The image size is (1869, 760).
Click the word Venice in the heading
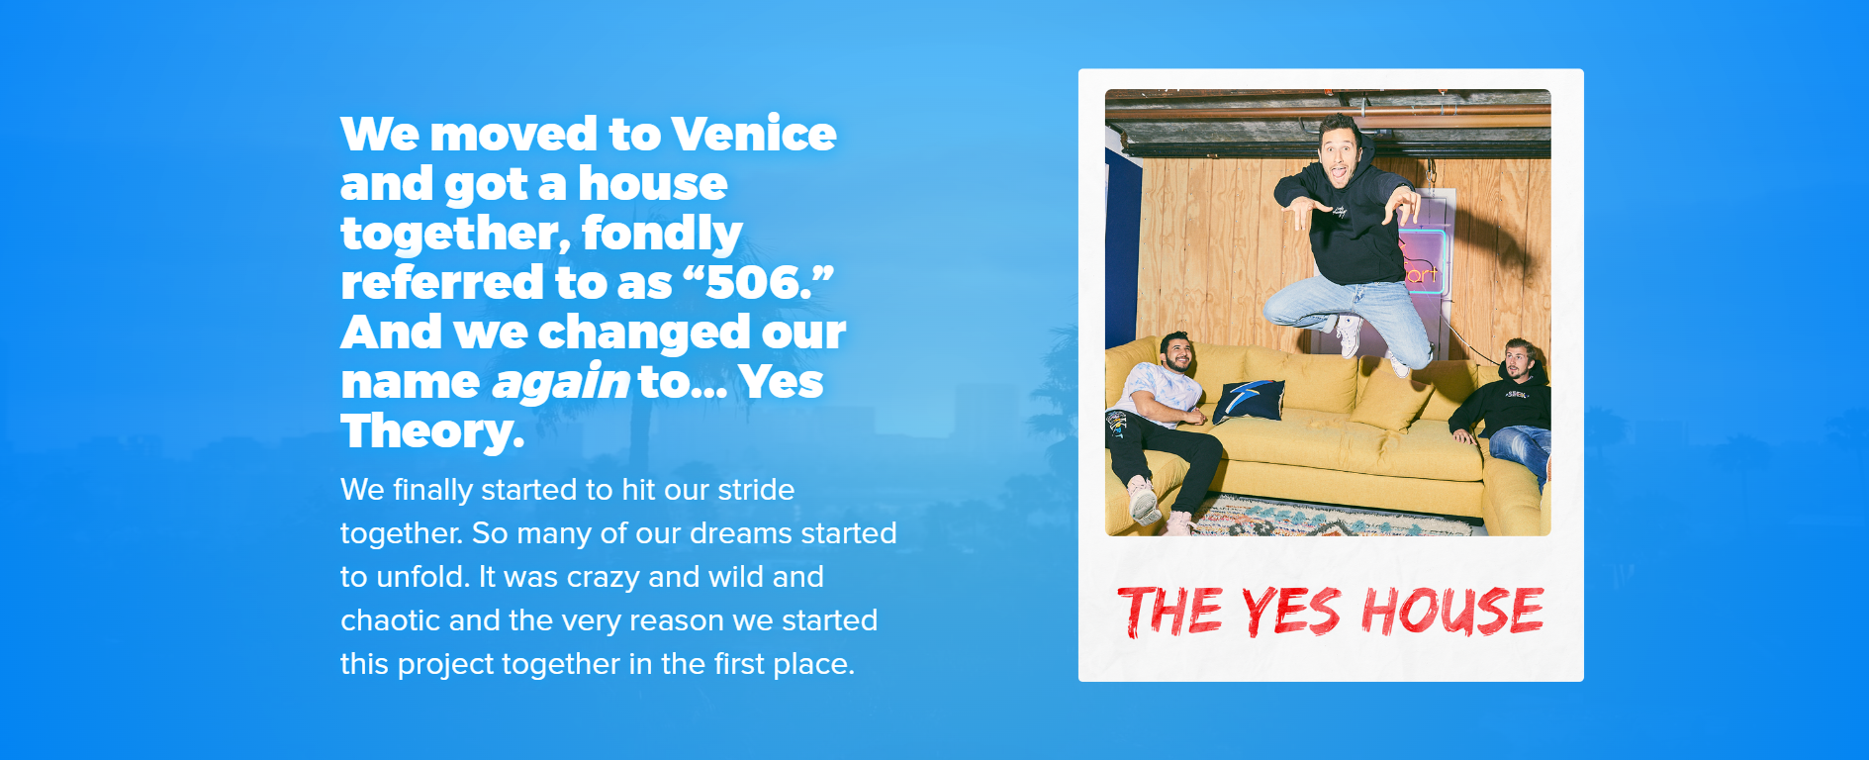[753, 134]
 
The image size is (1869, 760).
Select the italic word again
[560, 383]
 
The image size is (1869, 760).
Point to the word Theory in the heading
[432, 431]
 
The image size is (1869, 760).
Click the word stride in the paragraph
[756, 490]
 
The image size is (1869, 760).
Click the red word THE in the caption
[1169, 612]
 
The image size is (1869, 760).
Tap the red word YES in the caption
[1291, 612]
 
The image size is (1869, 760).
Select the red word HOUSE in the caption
[1452, 611]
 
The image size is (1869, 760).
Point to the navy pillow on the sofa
[1250, 399]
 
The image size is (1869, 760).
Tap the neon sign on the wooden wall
[1423, 259]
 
